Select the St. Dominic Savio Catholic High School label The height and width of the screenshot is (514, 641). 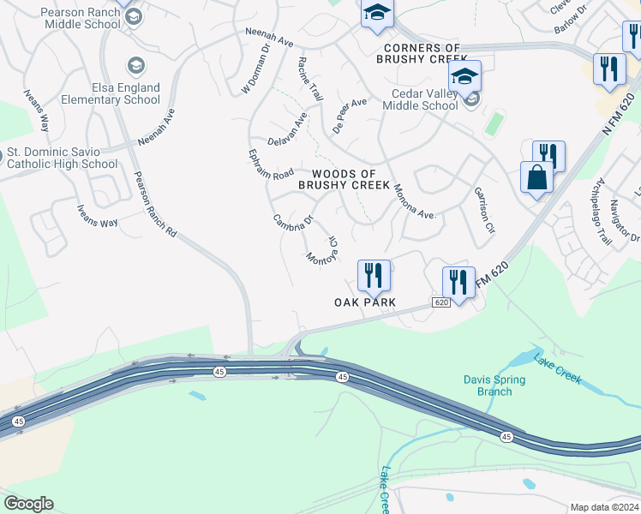pos(62,158)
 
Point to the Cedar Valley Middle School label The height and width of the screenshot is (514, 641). pos(414,99)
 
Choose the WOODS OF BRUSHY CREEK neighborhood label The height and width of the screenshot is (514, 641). pos(344,179)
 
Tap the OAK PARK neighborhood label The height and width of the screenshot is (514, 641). pos(365,302)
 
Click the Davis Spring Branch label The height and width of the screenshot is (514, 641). pos(488,385)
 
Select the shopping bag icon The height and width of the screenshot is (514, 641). pos(536,177)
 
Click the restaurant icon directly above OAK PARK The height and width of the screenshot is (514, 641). pos(373,274)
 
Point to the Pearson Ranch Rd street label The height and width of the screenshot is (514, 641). pos(154,206)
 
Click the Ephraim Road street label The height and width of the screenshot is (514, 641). pos(270,164)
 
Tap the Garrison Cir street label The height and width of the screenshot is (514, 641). pos(485,211)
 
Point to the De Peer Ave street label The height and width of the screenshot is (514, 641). pos(350,114)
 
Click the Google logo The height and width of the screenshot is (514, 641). pos(28,504)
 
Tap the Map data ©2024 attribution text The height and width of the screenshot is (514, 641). pos(604,507)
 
